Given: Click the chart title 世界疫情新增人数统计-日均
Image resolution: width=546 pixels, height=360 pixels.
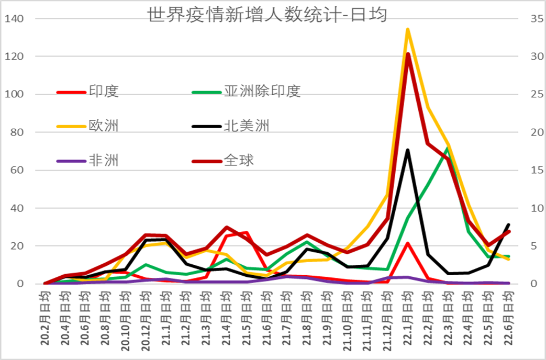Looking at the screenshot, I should [x=268, y=15].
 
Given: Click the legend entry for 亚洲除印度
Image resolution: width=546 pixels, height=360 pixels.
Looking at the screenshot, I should [x=262, y=91].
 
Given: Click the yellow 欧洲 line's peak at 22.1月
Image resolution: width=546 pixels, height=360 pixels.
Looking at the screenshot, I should [x=407, y=30].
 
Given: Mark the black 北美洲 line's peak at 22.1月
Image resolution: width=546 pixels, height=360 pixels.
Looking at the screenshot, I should [x=407, y=150].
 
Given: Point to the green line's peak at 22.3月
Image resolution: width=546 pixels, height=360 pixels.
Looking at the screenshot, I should [x=448, y=149].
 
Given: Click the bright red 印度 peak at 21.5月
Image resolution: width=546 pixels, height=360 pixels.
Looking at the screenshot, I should [x=247, y=232].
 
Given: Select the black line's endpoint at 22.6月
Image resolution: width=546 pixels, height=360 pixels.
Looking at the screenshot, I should [x=508, y=224].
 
